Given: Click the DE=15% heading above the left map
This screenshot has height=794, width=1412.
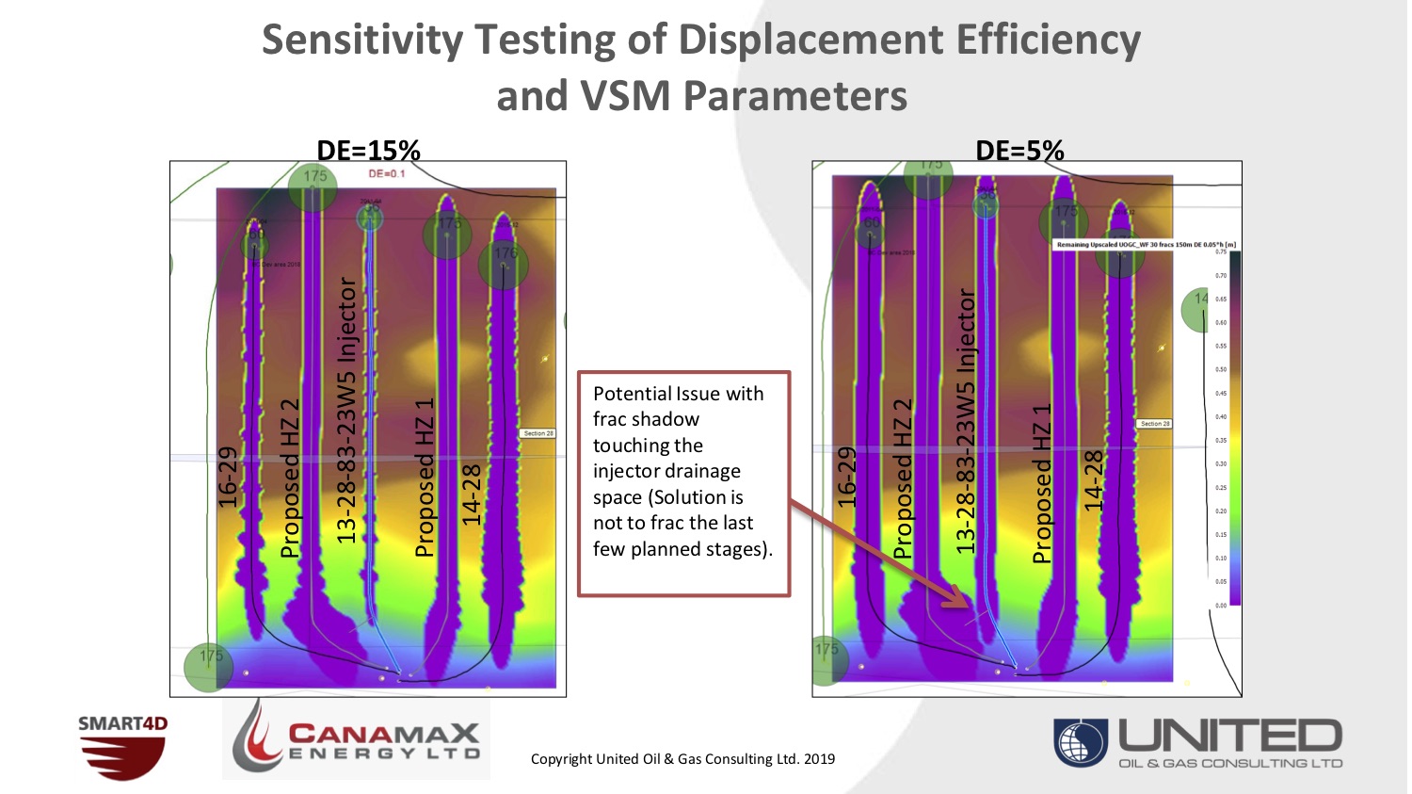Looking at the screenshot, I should [x=368, y=150].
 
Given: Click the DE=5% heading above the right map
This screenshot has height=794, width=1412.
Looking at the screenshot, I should [x=1019, y=150].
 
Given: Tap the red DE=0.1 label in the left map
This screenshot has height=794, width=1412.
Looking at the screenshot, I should [x=386, y=173].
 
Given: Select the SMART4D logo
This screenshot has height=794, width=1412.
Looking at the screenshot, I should [x=122, y=748].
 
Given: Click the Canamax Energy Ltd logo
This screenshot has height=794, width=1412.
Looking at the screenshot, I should [x=356, y=739].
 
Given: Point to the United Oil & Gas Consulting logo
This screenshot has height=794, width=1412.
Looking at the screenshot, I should [x=1197, y=743].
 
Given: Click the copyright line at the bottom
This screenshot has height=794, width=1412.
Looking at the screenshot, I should [x=682, y=759].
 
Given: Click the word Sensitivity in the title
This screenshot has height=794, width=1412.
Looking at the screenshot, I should [x=362, y=41].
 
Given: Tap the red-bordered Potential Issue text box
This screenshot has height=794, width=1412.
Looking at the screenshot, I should [x=682, y=483].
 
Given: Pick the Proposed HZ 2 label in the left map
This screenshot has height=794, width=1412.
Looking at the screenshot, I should [x=291, y=478].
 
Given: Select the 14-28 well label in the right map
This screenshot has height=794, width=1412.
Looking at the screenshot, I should [x=1093, y=481].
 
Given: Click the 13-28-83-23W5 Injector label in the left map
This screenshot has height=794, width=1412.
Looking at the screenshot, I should [x=347, y=410].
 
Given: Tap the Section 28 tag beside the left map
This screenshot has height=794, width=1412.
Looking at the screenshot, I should [x=538, y=433].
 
